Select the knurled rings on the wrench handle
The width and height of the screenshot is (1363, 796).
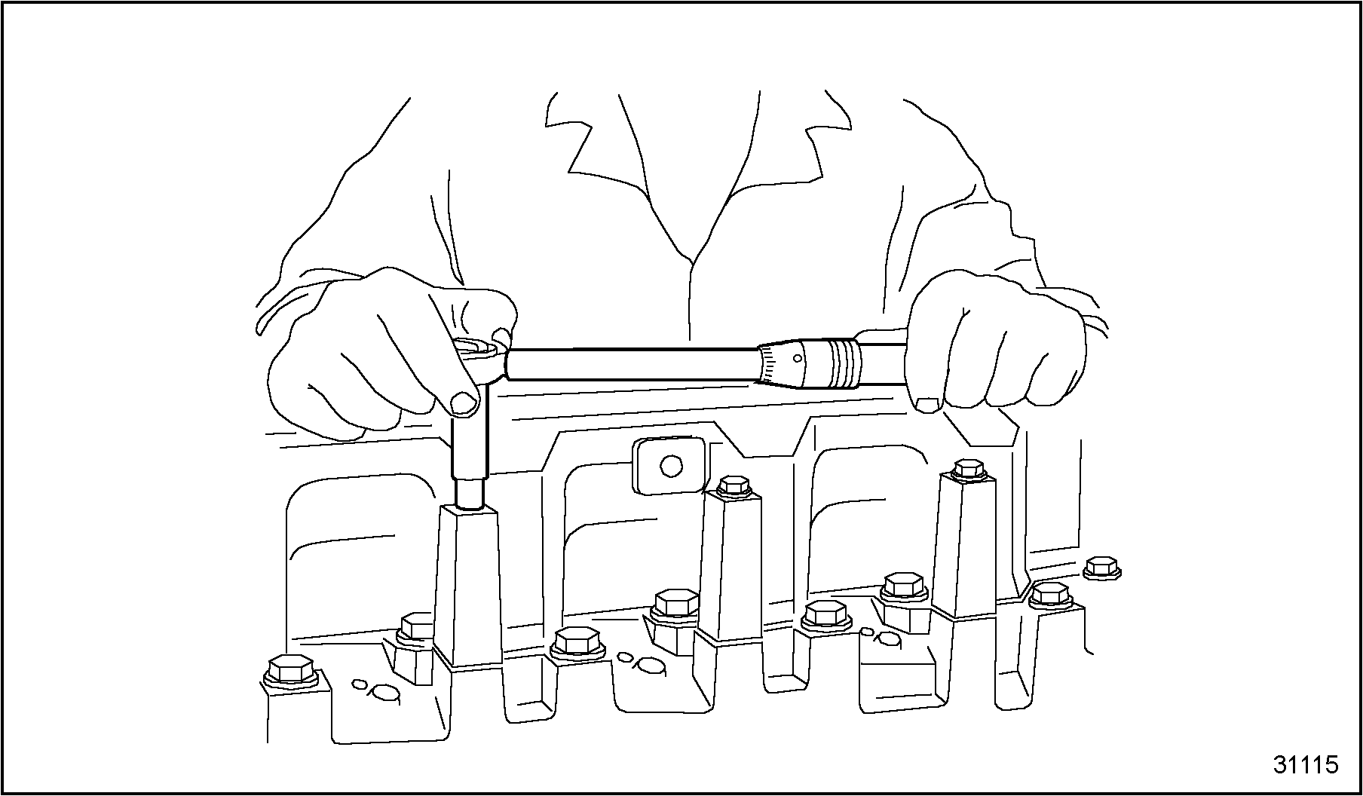pyautogui.click(x=844, y=363)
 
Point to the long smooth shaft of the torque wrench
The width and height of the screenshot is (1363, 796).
pyautogui.click(x=633, y=366)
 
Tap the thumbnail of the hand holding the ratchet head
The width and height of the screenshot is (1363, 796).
pyautogui.click(x=464, y=403)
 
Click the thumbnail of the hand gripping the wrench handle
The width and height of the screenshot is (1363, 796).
pyautogui.click(x=927, y=406)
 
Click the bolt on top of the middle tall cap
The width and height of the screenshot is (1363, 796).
pyautogui.click(x=733, y=485)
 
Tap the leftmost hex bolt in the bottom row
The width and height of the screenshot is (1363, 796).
pyautogui.click(x=289, y=671)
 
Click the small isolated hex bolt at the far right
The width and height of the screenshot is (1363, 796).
pyautogui.click(x=1101, y=568)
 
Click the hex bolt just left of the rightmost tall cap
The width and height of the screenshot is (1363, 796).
pyautogui.click(x=903, y=589)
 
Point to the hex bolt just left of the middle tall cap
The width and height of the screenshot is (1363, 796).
pyautogui.click(x=675, y=605)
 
